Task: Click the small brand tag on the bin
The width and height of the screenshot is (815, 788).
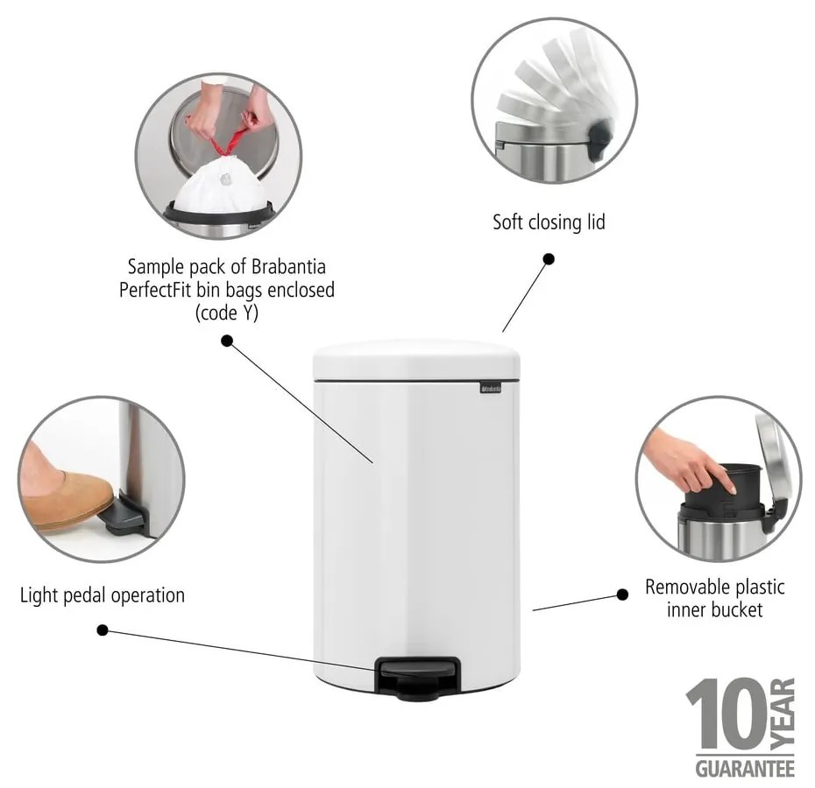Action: pyautogui.click(x=488, y=386)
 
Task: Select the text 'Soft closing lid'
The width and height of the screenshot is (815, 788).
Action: pyautogui.click(x=549, y=222)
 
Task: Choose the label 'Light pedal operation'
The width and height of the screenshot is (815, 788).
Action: pyautogui.click(x=103, y=595)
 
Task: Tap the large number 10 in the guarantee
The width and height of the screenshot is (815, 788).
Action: pyautogui.click(x=726, y=713)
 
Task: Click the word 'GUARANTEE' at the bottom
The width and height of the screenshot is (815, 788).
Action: pyautogui.click(x=745, y=769)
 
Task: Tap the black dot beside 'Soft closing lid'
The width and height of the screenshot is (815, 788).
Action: pyautogui.click(x=549, y=259)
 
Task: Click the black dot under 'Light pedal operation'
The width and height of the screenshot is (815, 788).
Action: pyautogui.click(x=103, y=630)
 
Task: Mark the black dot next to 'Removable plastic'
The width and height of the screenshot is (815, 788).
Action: pyautogui.click(x=622, y=594)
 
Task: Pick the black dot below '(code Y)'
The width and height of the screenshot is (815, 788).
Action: pyautogui.click(x=226, y=341)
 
